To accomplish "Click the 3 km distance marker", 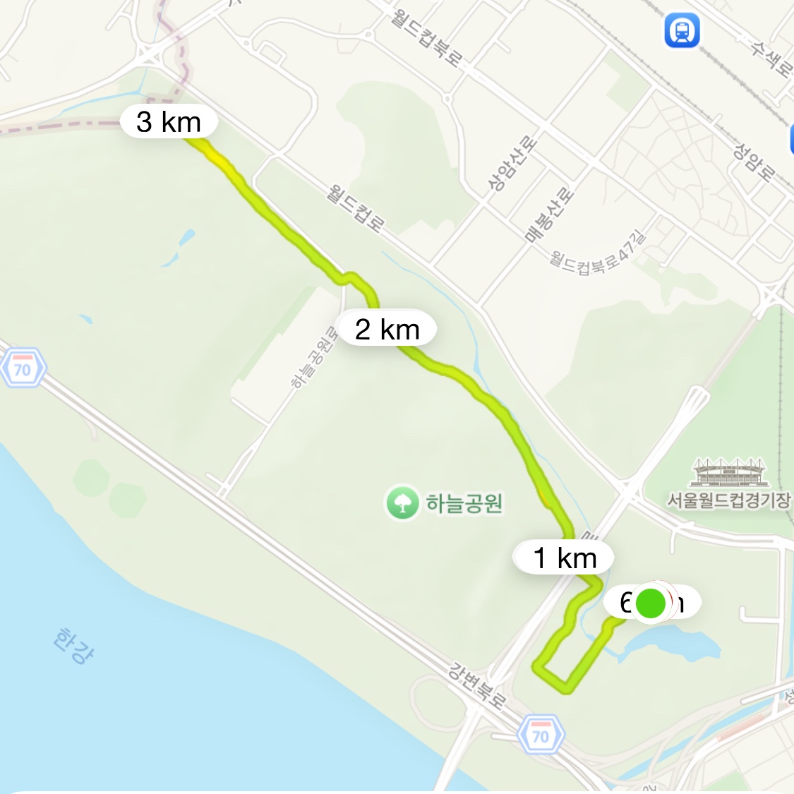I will (169, 121).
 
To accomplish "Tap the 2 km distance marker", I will (387, 329).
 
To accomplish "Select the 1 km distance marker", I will (565, 558).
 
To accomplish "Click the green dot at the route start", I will (651, 603).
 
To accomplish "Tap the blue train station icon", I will (682, 30).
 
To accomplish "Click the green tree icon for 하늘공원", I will (402, 503).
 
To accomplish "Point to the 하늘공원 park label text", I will (464, 503).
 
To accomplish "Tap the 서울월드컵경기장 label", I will (728, 500).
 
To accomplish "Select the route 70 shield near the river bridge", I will (541, 735).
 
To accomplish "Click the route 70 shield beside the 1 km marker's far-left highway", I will (23, 369).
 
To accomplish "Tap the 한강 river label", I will (73, 645).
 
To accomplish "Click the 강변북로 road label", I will (478, 684).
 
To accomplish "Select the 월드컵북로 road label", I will (426, 37).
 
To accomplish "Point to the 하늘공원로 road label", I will (315, 356).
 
